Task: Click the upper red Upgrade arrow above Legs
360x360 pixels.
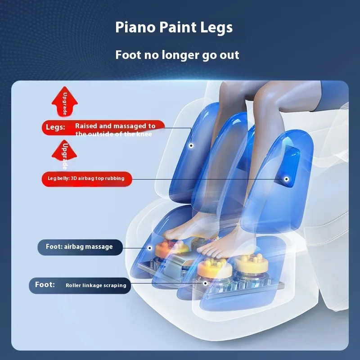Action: point(64,101)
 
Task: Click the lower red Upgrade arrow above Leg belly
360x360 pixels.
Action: point(64,153)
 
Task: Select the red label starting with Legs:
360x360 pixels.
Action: point(103,128)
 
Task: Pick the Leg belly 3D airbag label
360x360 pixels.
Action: point(87,179)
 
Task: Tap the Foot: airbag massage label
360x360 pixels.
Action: point(80,247)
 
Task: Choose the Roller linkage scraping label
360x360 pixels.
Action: point(80,285)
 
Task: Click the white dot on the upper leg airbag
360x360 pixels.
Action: point(191,145)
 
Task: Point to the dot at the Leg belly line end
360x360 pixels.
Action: point(286,179)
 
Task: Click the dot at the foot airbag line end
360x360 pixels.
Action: point(150,248)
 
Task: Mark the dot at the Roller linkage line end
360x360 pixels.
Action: point(206,283)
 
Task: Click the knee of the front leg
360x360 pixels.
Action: point(264,96)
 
